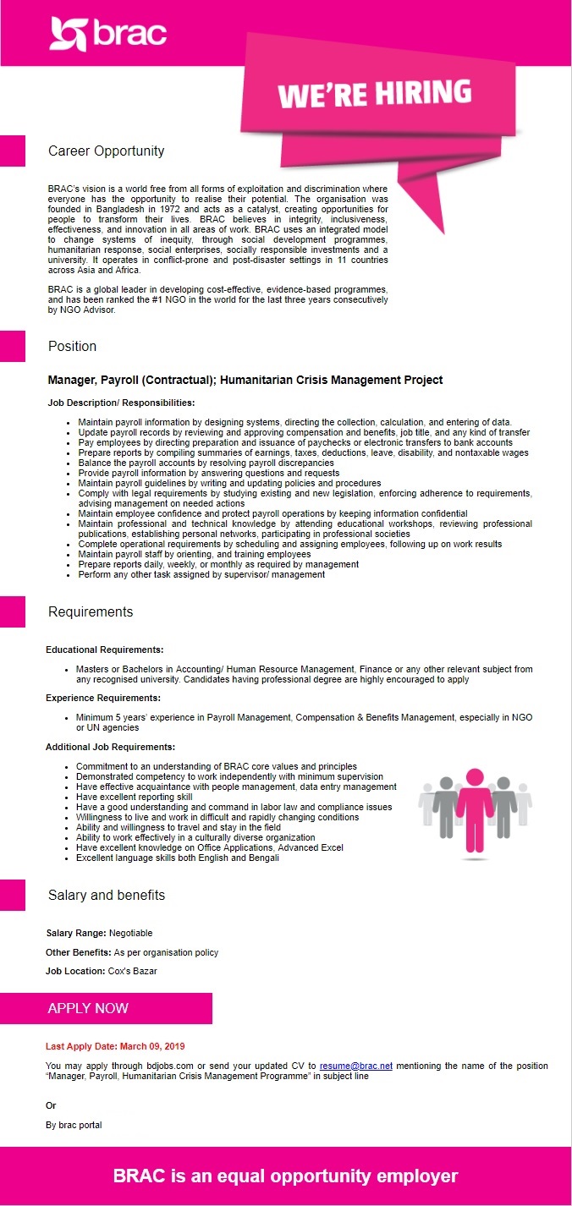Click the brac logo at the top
tap(107, 34)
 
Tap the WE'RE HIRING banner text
tap(374, 93)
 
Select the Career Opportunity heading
tap(106, 151)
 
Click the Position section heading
tap(72, 346)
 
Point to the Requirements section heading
tap(91, 611)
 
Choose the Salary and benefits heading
tap(106, 895)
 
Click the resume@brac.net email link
tap(355, 1066)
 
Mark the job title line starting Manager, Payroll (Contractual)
tap(245, 380)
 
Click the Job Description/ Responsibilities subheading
tap(121, 403)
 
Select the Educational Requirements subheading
tap(104, 650)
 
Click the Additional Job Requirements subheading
tap(110, 747)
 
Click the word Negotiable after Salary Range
tap(130, 933)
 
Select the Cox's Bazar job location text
tap(132, 971)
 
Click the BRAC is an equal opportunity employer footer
tap(286, 1176)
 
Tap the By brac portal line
tap(74, 1125)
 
